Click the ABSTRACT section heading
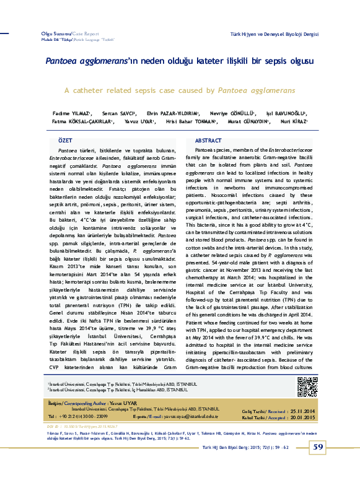[x=208, y=141]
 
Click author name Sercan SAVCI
[x=119, y=114]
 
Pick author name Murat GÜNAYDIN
[x=248, y=122]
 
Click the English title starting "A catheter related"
[x=180, y=90]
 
